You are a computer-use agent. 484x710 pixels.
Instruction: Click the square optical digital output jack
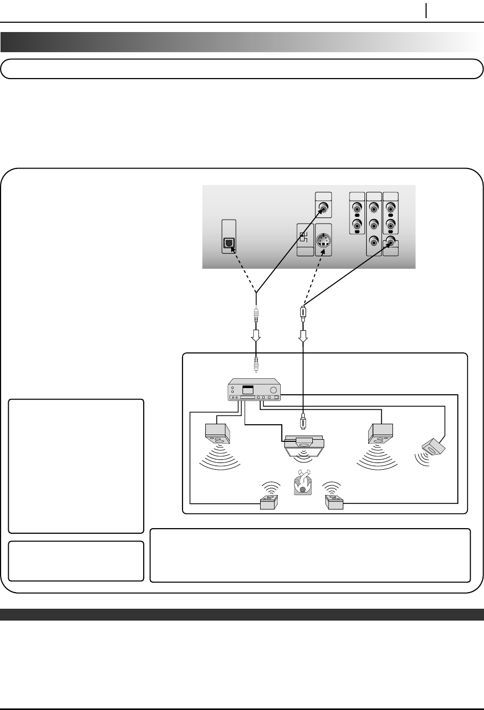[229, 243]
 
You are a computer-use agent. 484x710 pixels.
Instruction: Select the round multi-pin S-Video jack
[323, 241]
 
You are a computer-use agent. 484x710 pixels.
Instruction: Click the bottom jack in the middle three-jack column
[374, 241]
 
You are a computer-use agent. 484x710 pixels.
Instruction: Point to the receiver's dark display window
[249, 389]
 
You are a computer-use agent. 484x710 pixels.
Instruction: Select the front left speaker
[218, 433]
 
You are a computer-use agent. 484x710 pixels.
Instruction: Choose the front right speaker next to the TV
[381, 433]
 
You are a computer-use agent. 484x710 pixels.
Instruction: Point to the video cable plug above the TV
[304, 421]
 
